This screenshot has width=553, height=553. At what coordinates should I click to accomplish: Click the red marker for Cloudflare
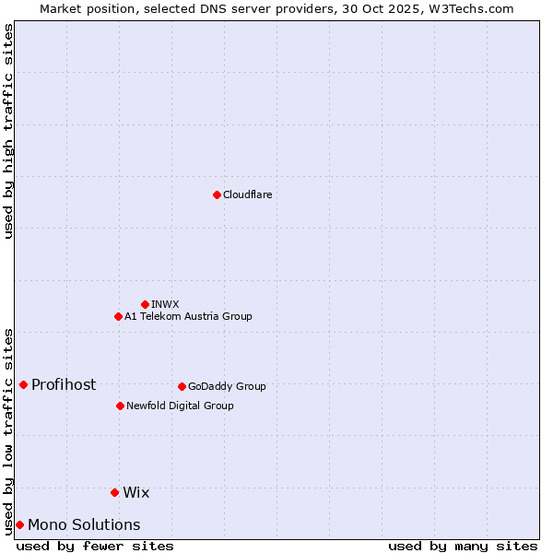(x=217, y=194)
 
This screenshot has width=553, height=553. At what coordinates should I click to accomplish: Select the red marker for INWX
(x=145, y=304)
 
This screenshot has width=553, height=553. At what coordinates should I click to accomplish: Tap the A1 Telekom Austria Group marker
(x=118, y=316)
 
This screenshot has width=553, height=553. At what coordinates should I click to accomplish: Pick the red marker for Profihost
(x=23, y=384)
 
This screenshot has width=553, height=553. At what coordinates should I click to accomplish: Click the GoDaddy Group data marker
(x=182, y=386)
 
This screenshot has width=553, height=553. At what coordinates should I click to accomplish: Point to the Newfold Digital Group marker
(x=120, y=406)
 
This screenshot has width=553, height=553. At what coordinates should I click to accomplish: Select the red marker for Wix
(x=114, y=492)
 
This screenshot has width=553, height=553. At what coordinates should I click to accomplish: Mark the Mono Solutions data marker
(x=19, y=524)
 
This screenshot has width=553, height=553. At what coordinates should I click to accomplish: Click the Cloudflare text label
(x=248, y=194)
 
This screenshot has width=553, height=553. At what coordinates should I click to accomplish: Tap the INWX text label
(x=165, y=304)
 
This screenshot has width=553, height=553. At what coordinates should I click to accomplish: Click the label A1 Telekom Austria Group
(x=188, y=316)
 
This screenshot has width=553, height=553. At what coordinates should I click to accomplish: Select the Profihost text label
(x=64, y=384)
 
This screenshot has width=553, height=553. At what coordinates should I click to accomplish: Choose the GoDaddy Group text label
(x=227, y=386)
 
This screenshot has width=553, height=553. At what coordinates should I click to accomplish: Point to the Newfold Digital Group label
(x=180, y=406)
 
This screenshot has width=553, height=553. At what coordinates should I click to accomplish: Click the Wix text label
(x=135, y=492)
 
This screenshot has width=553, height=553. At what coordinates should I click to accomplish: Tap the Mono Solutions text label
(x=84, y=524)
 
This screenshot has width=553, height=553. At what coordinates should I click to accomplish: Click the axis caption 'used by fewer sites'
(x=95, y=546)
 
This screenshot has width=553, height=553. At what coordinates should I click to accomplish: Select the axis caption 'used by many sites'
(x=463, y=546)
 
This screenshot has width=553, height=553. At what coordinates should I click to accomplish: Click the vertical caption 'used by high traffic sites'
(x=8, y=131)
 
